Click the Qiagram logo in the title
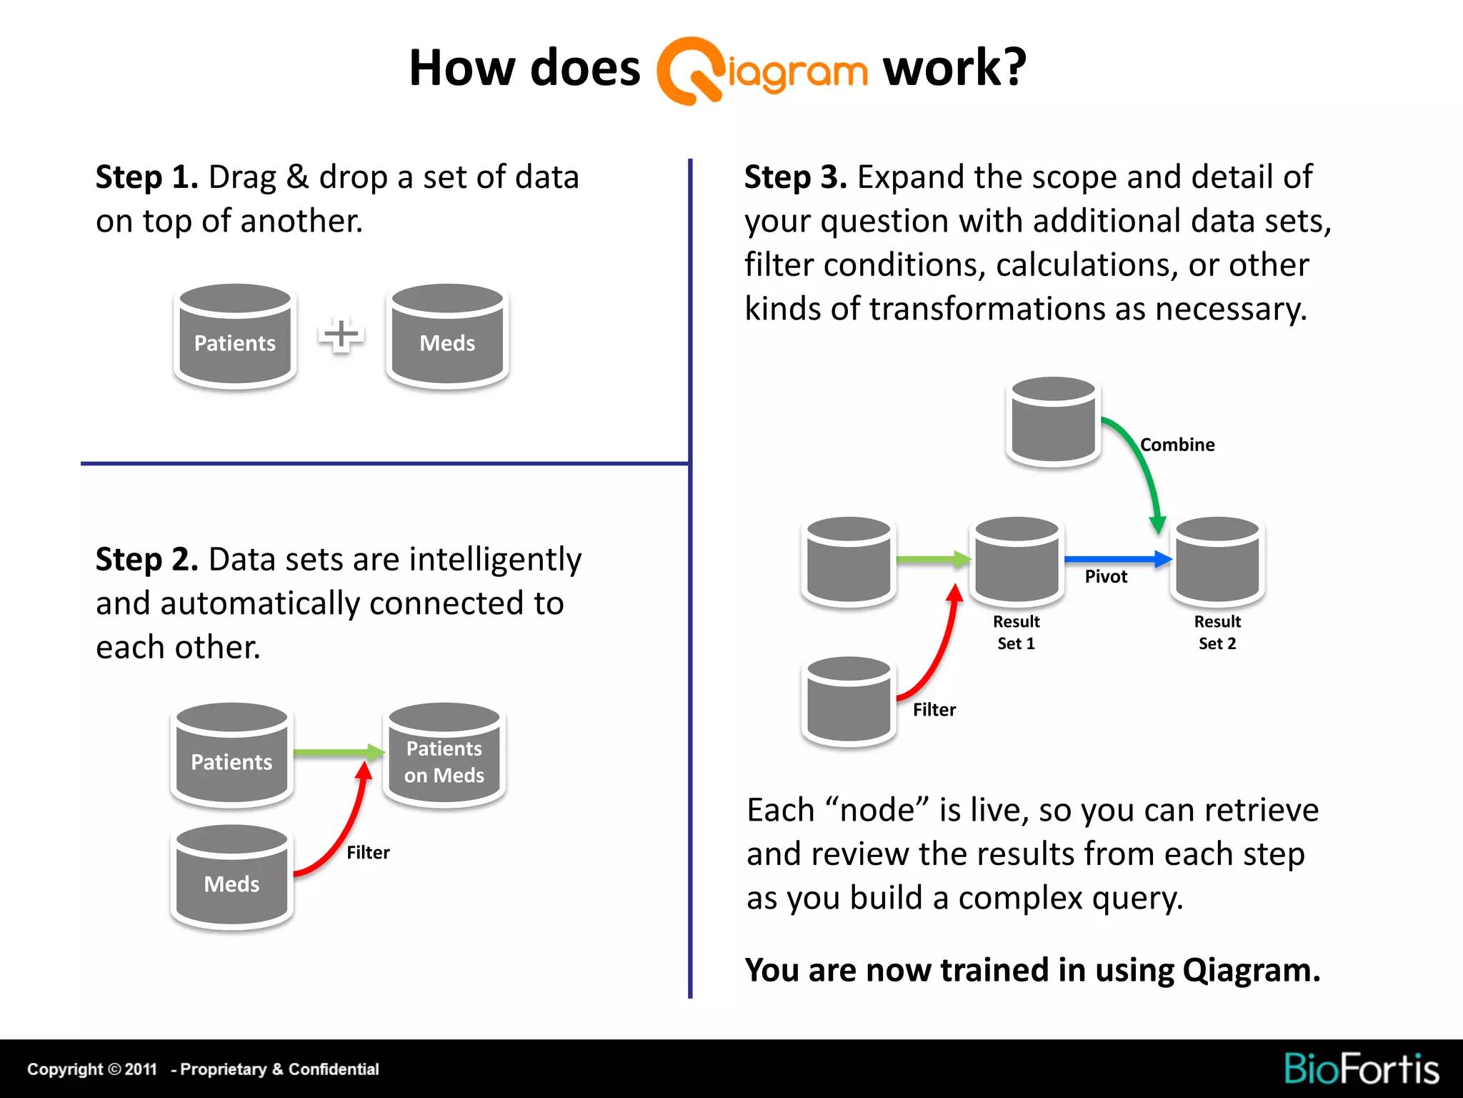point(762,71)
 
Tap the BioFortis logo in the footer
point(1361,1069)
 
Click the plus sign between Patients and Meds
point(341,335)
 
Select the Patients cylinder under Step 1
point(235,335)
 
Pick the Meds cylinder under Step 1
point(447,335)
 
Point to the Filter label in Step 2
point(368,852)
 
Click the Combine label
point(1177,445)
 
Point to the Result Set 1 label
point(1016,632)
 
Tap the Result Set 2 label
point(1217,632)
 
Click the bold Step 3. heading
point(795,177)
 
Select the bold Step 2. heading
point(146,559)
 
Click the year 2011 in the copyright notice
point(141,1069)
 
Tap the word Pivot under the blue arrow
point(1106,576)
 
